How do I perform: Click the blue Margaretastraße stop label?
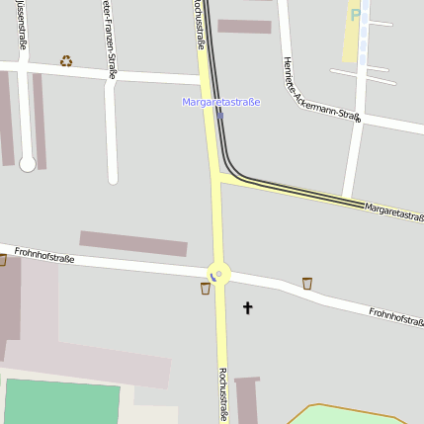tap(221, 102)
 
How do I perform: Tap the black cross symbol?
tap(247, 308)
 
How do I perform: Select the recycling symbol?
tap(66, 61)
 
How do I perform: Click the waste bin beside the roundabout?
tap(206, 289)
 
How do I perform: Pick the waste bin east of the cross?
tap(307, 284)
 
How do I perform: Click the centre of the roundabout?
tap(218, 273)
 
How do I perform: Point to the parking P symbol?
tap(356, 16)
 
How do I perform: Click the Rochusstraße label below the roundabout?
tap(223, 394)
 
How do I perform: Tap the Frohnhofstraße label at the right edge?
tap(396, 315)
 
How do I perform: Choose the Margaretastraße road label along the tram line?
tap(393, 212)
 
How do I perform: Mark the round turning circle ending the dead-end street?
tap(28, 163)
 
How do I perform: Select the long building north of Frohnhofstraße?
tap(133, 243)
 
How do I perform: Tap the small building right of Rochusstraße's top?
tap(244, 26)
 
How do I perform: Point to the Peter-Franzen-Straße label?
tap(108, 39)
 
